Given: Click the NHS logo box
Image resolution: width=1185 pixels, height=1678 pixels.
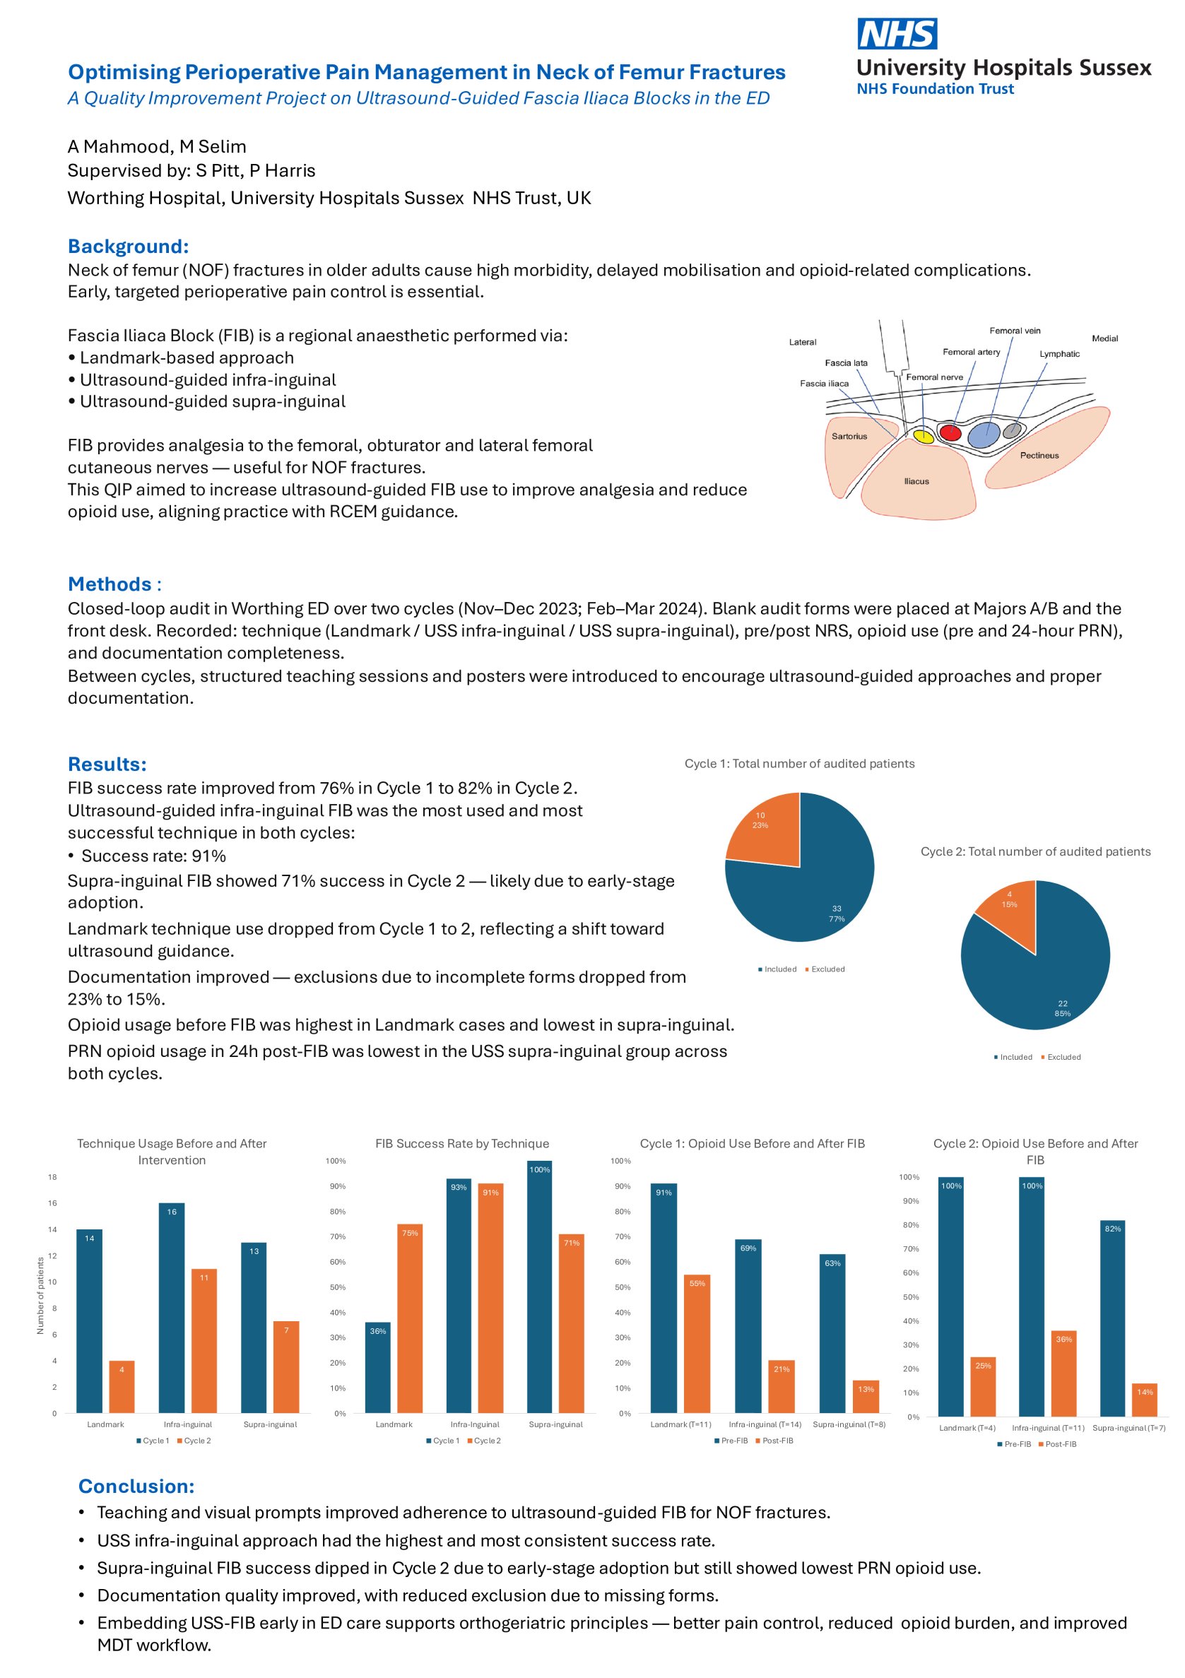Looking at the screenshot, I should tap(896, 34).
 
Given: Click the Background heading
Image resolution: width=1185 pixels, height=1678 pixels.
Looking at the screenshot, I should tap(128, 247).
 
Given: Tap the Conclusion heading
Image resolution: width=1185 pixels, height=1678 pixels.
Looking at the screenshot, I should tap(136, 1486).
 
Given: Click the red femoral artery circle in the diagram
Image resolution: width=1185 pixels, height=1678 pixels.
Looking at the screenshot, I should tap(950, 432).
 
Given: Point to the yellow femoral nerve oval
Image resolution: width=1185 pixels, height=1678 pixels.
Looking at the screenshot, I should tap(924, 437).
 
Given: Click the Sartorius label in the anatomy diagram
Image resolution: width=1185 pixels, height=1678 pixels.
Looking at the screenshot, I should tap(849, 437).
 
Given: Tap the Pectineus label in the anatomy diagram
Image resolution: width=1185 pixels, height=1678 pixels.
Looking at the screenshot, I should tap(1039, 455).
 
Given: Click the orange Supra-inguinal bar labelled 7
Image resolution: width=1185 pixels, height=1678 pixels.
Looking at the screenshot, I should tap(286, 1366).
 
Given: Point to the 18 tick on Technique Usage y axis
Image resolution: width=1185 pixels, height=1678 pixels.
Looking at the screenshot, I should tap(52, 1176).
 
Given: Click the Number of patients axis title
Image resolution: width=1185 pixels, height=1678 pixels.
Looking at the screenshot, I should tap(41, 1295).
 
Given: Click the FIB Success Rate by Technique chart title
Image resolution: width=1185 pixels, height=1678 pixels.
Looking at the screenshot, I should tap(462, 1144).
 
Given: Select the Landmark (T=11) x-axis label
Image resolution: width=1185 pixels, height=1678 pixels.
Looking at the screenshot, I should tap(680, 1424).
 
